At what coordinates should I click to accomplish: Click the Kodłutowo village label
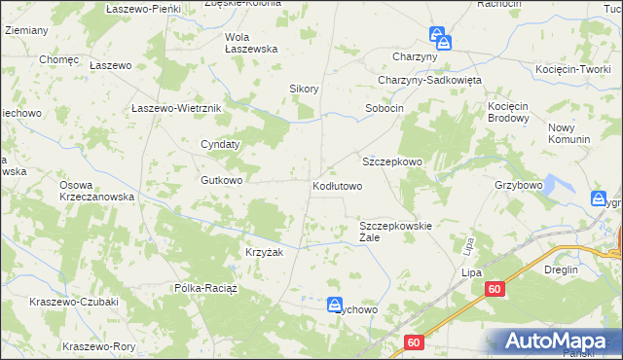click(x=337, y=185)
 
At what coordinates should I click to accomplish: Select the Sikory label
click(x=305, y=89)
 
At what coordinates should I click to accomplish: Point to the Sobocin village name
click(x=384, y=108)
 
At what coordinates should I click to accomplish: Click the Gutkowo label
click(x=221, y=180)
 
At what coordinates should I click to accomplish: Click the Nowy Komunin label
click(x=569, y=133)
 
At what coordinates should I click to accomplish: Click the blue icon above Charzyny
click(x=443, y=42)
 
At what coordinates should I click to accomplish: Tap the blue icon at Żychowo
click(x=334, y=305)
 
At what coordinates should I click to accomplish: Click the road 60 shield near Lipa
click(x=495, y=289)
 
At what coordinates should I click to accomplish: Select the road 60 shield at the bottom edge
click(x=414, y=342)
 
